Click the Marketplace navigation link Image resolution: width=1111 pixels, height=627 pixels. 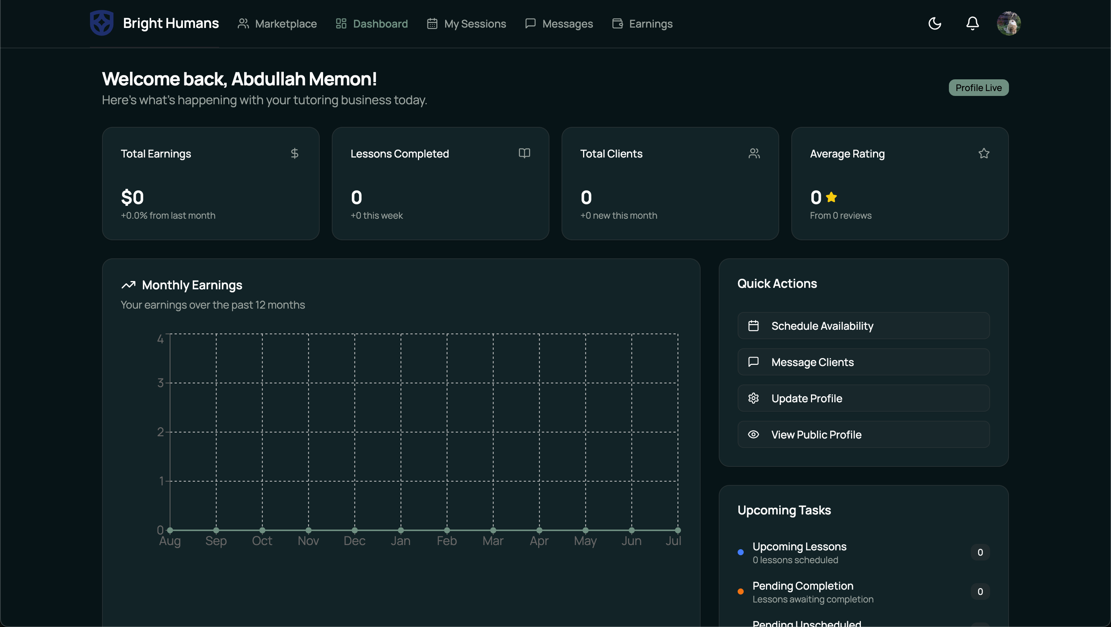(277, 24)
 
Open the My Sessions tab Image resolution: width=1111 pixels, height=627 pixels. (466, 24)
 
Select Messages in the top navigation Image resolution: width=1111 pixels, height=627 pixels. (559, 24)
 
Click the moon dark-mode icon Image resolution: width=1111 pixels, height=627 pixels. (935, 23)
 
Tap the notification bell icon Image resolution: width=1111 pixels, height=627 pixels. (972, 23)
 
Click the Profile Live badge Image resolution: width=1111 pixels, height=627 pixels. (978, 88)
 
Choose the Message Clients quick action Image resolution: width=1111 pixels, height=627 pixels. (863, 362)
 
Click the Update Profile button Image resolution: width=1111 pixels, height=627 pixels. (863, 398)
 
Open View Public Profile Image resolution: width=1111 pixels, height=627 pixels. (863, 434)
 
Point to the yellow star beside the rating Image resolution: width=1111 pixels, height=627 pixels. (831, 197)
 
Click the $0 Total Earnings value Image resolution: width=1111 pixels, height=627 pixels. (132, 198)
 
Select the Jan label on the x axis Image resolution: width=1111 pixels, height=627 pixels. (400, 541)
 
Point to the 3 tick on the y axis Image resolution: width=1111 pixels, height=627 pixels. (161, 383)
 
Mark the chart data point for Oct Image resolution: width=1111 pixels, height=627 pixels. (262, 530)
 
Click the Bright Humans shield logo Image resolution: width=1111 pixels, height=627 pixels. (102, 23)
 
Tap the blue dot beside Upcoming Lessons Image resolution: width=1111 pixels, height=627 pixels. (741, 552)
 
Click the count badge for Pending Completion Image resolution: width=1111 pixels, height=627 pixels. (980, 591)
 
